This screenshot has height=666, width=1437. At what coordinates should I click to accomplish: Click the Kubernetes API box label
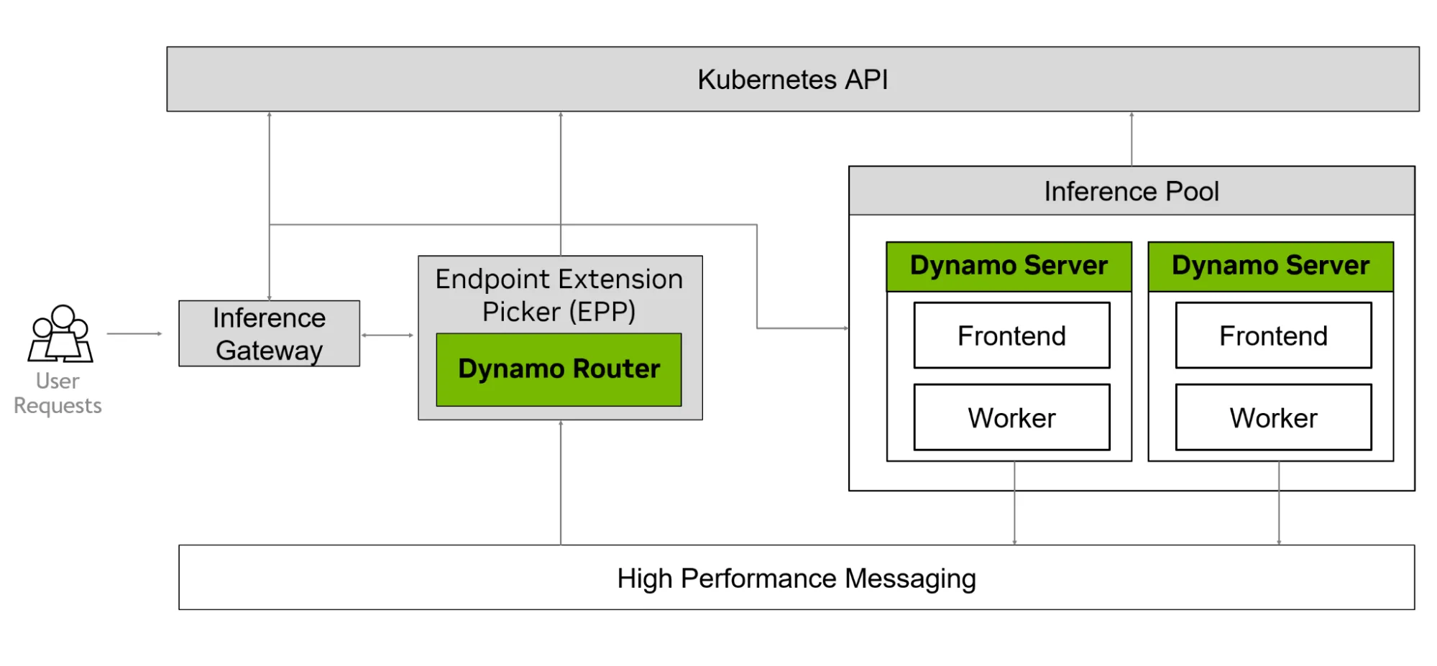coord(792,80)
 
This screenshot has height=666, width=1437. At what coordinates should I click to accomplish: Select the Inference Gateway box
coord(269,334)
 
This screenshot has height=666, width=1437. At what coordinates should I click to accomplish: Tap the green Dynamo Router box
coord(559,369)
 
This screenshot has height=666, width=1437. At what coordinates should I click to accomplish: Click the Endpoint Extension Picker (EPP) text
coord(559,295)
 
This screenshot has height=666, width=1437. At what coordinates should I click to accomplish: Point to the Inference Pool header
coord(1131,191)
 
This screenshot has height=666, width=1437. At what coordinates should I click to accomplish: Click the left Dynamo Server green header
coord(1009,266)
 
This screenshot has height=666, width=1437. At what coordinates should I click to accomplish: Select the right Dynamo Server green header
coord(1270,266)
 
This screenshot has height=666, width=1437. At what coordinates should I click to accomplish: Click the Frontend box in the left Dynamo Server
coord(1011,336)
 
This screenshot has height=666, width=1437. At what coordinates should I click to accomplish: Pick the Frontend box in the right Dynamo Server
coord(1273,336)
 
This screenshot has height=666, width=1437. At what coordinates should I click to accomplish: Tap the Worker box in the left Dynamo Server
coord(1011,417)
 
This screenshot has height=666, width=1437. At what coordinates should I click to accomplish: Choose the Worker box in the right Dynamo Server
coord(1273,417)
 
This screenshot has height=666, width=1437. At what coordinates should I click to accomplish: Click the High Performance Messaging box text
coord(796,578)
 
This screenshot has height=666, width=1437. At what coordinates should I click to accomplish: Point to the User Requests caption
coord(58,393)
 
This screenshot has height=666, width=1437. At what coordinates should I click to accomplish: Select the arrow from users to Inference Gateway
coord(134,333)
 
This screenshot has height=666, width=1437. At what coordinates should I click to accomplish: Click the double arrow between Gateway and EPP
coord(387,335)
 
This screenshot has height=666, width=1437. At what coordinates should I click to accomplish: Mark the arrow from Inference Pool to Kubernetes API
coord(1131,139)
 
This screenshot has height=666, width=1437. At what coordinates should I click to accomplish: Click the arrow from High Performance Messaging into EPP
coord(561,482)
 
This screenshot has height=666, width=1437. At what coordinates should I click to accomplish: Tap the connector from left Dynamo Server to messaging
coord(1014,503)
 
